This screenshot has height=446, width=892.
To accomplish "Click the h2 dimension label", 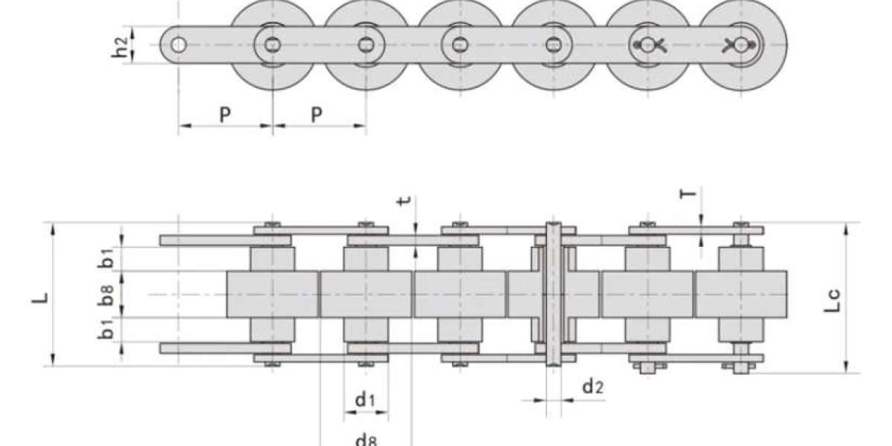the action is pos(120,47).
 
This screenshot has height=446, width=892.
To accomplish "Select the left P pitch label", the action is pos(225,114).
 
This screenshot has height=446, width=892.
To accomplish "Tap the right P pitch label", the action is pos(316,114).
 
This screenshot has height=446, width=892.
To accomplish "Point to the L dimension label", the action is pos(40,298).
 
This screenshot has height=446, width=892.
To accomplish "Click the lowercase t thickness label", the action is pos(404,201).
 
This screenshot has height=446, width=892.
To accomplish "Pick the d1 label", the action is pos(365,399).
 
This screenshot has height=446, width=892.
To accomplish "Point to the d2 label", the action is pos(593,387).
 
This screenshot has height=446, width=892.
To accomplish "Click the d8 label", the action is pos(366,440).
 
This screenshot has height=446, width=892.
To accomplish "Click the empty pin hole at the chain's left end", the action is pos(178,45).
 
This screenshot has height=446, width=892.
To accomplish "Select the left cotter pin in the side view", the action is pos(649,45).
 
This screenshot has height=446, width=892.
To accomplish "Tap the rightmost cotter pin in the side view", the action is pos(740,45).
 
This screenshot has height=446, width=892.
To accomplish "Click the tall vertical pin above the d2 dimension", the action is pos(554,294).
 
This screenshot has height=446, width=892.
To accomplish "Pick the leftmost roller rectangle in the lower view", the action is pos(272,294).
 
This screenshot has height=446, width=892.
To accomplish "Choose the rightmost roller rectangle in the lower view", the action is pos(741,294).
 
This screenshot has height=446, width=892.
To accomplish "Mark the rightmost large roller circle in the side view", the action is pos(743,45).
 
